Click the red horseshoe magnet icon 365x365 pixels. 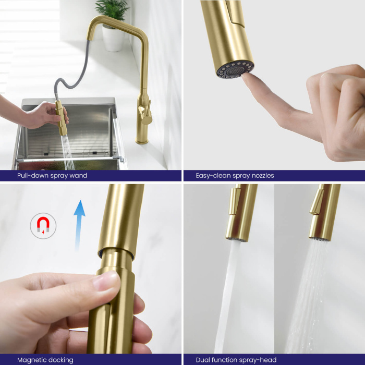tap(43, 225)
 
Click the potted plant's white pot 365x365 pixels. tap(113, 39)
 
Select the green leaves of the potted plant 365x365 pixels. tap(113, 10)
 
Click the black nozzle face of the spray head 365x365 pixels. tap(235, 69)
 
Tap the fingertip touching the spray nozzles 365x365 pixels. tap(246, 77)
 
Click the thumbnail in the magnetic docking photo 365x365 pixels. tap(105, 281)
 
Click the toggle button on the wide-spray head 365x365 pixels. tap(317, 202)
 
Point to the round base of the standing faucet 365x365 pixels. tap(142, 140)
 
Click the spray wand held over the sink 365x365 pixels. tap(61, 117)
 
